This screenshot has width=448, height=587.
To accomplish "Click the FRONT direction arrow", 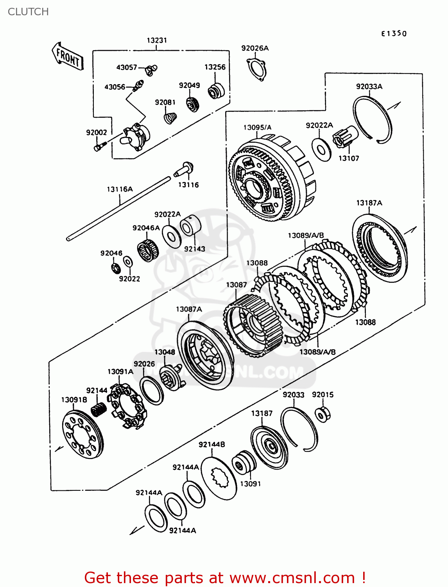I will pos(68,57).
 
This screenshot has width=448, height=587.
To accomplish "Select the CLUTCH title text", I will pos(28,12).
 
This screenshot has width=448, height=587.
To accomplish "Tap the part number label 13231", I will pos(157,40).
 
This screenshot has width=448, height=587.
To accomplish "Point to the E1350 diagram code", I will pos(394,34).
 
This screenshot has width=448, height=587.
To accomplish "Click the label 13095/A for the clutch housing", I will pos(257,128).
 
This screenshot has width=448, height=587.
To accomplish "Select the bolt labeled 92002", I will pos(99,147).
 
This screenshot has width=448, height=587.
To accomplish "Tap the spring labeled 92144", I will pos(99,410).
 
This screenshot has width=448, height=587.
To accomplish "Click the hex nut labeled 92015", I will pos(323,413).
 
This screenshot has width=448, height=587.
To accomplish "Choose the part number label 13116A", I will pos(120,189).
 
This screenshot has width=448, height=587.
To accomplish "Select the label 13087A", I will pos(189,310).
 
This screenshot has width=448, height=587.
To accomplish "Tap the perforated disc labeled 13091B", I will pos(83,434).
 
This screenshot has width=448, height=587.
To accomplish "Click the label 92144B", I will pos(211,445).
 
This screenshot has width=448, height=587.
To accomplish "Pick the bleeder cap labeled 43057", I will pos(150,70).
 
